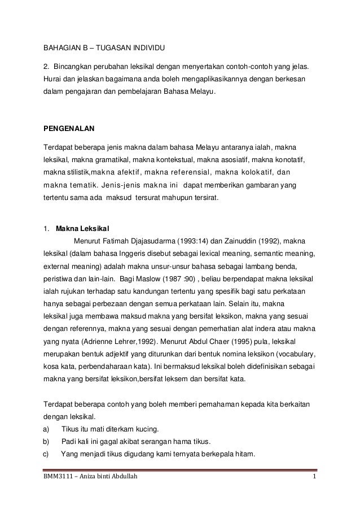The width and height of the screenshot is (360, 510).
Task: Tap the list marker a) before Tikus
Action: coord(46,428)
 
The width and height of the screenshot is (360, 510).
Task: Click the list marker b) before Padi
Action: coord(46,441)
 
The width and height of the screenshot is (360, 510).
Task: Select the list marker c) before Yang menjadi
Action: coord(46,454)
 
